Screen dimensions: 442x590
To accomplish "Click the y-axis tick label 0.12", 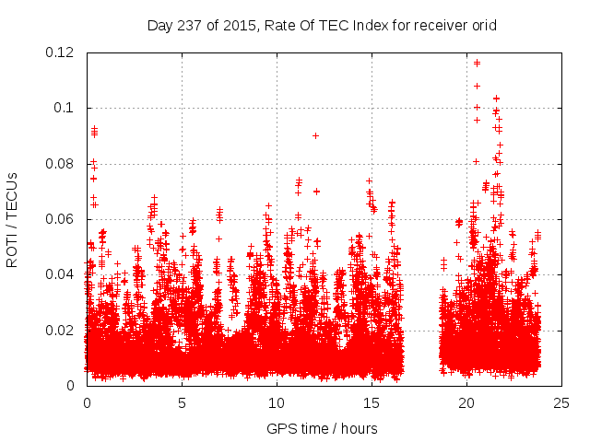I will click(61, 52).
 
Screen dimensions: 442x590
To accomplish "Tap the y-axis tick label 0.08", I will click(61, 164).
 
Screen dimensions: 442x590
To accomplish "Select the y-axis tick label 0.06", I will click(61, 219).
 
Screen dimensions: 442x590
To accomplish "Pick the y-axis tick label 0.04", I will click(61, 274).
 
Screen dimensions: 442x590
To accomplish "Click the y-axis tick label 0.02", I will click(61, 330).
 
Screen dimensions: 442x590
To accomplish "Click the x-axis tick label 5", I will click(182, 403).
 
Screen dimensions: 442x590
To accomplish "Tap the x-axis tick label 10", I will click(277, 403).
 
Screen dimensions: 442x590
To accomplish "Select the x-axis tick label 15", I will click(372, 403).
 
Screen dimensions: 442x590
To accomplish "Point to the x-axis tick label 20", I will click(466, 403).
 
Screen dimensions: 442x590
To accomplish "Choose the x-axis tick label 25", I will click(561, 403).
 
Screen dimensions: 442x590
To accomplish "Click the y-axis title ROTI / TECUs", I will click(13, 219).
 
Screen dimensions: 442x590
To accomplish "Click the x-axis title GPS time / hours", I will click(322, 428).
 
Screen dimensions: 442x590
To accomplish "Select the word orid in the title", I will click(483, 26).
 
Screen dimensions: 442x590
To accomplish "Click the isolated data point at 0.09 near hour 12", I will click(315, 135).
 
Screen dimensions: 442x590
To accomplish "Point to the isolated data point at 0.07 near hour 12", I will click(316, 192).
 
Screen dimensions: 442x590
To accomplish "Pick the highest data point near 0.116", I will click(477, 63).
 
